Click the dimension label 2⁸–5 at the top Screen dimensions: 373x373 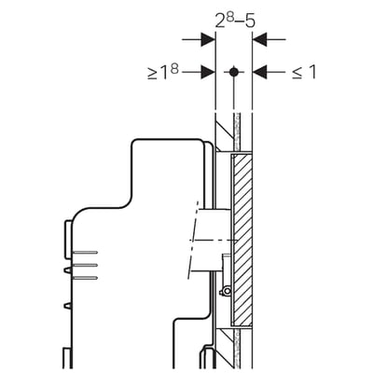click(x=235, y=21)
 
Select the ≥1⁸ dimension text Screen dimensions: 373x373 click(x=163, y=73)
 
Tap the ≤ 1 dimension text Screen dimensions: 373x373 click(x=304, y=73)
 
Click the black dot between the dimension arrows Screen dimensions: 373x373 click(x=234, y=72)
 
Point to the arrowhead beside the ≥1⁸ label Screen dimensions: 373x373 click(x=208, y=72)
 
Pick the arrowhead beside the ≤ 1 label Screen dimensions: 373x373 click(x=260, y=72)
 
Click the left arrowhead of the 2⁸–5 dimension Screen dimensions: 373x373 click(x=208, y=39)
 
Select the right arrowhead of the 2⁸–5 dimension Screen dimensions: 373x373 click(x=260, y=39)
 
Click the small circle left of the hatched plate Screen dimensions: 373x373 click(x=228, y=291)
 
